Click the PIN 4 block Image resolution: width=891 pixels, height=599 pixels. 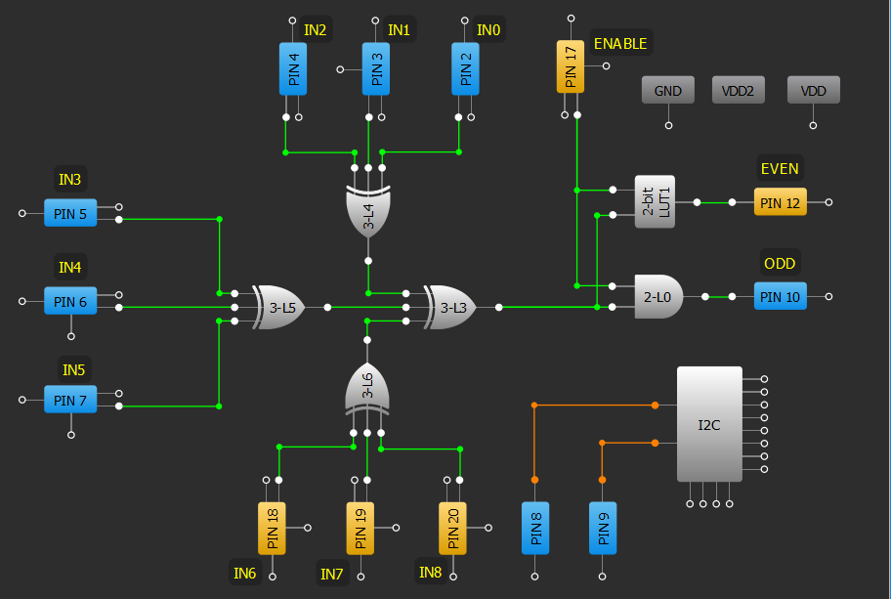tap(293, 68)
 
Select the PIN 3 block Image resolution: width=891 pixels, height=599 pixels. tap(376, 68)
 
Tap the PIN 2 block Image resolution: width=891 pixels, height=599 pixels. tap(465, 68)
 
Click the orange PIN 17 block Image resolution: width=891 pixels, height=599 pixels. tap(571, 66)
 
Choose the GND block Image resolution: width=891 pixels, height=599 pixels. tap(668, 91)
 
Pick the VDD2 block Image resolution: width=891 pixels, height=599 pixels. tap(739, 91)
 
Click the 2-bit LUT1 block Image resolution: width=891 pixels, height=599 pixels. tap(655, 202)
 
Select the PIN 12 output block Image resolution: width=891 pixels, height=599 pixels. tap(780, 202)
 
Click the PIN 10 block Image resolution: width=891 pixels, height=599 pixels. tap(780, 296)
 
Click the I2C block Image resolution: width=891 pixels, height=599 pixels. tap(709, 424)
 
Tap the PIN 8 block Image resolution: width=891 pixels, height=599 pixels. tap(534, 528)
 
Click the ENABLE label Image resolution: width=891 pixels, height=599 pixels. tap(620, 44)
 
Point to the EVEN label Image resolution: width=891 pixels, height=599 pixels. tap(779, 169)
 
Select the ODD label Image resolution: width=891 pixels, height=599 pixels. tap(779, 264)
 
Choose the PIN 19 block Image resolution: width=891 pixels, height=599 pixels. tap(361, 528)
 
